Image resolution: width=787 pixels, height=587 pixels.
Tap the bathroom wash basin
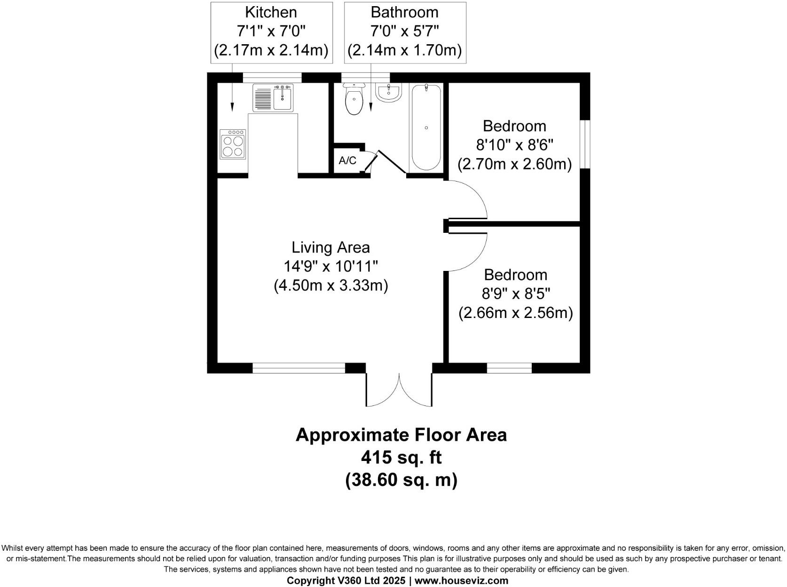coord(388,92)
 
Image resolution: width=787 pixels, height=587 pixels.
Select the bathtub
coord(426,127)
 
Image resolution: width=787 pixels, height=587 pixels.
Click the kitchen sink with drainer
coord(273,98)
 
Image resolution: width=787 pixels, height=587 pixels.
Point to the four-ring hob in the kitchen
coord(233,143)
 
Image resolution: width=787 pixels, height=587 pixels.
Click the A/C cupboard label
coord(347,161)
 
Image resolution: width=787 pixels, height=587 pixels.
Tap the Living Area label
coord(331,247)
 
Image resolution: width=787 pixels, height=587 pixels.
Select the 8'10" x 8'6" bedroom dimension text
coord(514,145)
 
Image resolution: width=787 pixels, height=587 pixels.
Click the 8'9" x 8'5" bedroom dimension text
coord(515,294)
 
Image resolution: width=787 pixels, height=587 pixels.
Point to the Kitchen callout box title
coord(271,12)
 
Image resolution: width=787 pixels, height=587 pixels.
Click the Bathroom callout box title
coord(404,12)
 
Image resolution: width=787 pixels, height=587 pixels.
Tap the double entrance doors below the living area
coord(399,390)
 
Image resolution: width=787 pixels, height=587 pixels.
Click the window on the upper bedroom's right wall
coord(584,144)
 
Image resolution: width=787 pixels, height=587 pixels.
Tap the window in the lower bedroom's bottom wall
coord(509,368)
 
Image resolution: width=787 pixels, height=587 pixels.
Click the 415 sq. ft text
coord(401,457)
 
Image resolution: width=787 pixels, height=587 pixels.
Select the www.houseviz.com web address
coord(461,580)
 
